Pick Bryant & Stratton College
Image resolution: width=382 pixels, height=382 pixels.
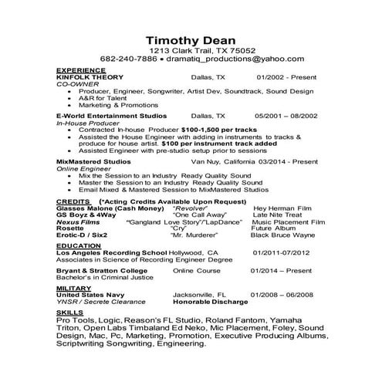tap(100, 271)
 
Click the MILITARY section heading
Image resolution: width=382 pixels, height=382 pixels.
tap(73, 288)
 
